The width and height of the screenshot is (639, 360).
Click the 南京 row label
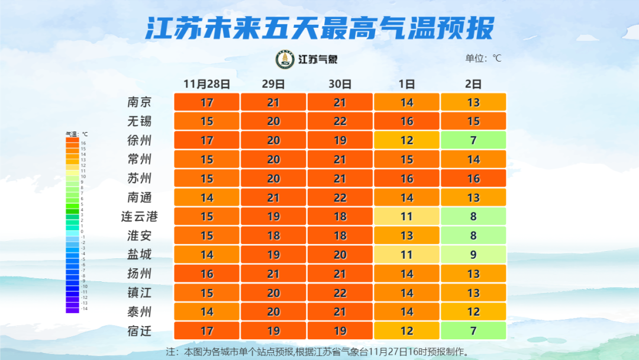click(140, 102)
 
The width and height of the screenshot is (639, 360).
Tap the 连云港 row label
click(140, 217)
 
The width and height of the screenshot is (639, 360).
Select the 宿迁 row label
click(140, 331)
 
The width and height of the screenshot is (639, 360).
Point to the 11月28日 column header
click(206, 84)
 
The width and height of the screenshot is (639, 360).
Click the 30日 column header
click(340, 84)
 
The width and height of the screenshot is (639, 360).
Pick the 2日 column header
click(473, 84)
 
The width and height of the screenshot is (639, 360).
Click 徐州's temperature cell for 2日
click(473, 140)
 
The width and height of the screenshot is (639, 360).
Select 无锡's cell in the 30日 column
click(340, 121)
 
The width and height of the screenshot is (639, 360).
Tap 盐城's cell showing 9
click(473, 255)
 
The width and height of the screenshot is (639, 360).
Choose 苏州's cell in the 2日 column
click(473, 178)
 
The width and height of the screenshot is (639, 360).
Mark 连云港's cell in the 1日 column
click(406, 217)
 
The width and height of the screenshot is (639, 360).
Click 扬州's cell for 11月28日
click(206, 274)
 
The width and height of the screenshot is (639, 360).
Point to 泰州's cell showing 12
click(473, 312)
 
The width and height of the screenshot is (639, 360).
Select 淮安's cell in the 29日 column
click(273, 236)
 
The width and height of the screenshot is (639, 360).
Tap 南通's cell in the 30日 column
click(340, 198)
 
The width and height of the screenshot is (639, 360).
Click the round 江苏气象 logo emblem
click(285, 59)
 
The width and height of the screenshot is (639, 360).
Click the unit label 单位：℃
click(483, 58)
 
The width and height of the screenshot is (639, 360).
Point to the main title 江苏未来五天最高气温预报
click(319, 27)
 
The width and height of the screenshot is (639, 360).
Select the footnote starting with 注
click(319, 352)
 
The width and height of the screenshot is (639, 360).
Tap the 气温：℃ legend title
click(76, 134)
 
